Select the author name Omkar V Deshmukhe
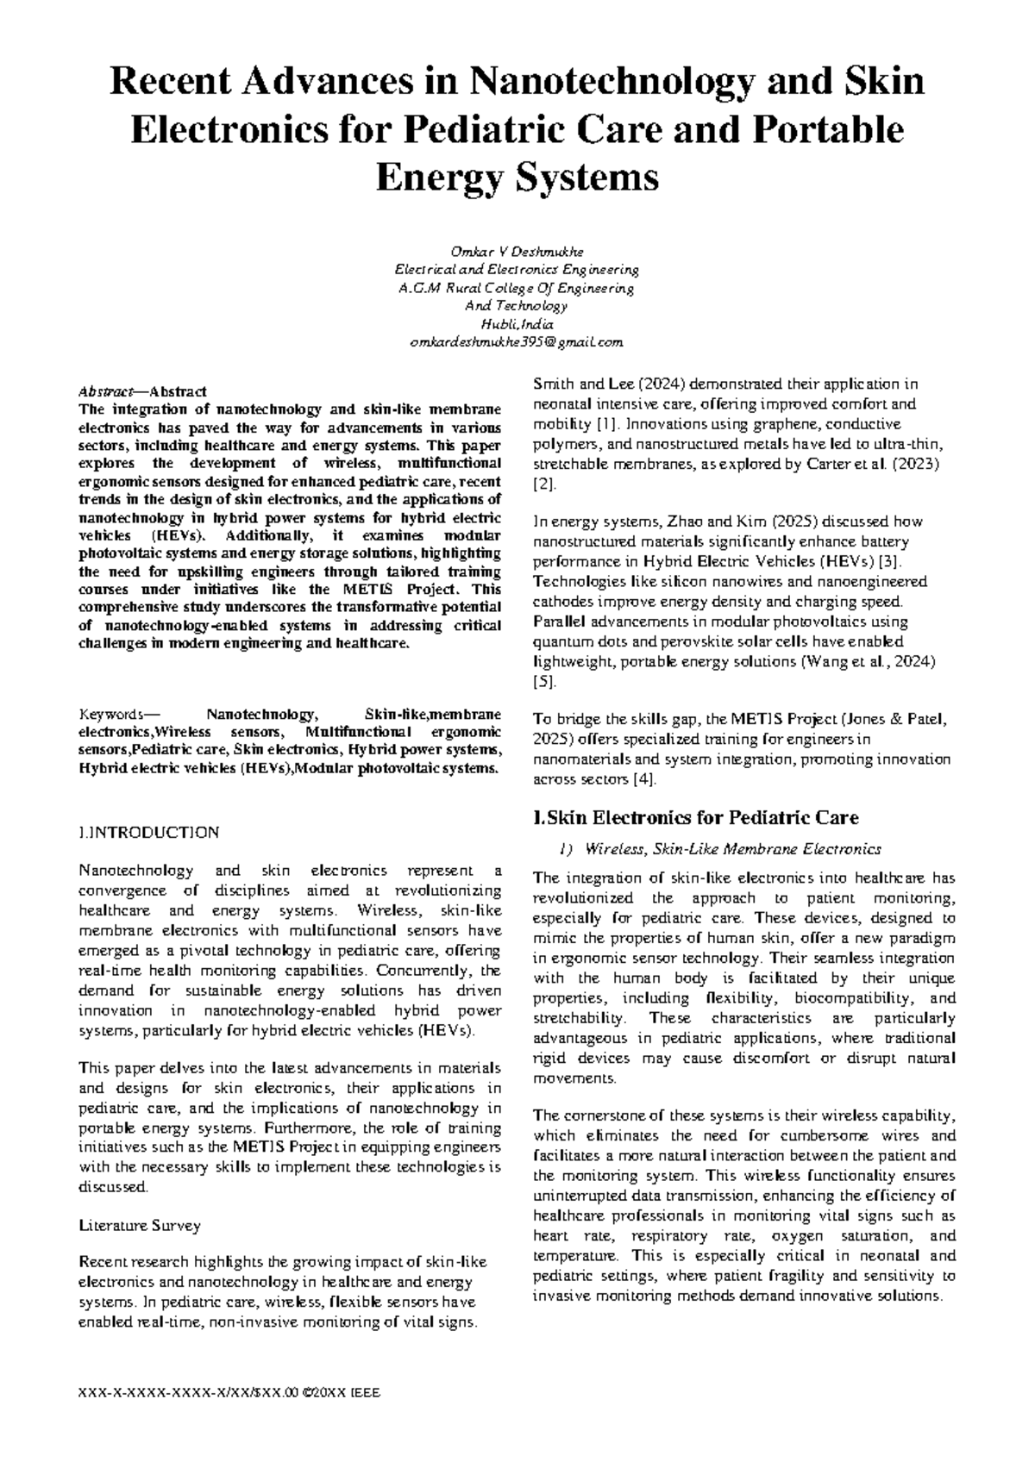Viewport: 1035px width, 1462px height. (517, 252)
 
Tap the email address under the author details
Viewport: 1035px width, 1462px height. (517, 342)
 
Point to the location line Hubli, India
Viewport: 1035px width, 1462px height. (517, 324)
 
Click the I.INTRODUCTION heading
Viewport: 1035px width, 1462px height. (148, 833)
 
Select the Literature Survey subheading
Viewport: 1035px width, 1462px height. (140, 1225)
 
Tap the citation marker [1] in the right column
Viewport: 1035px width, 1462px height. (607, 424)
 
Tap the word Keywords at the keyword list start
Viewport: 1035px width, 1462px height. (108, 715)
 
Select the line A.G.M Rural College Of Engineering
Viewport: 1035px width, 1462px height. (517, 288)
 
